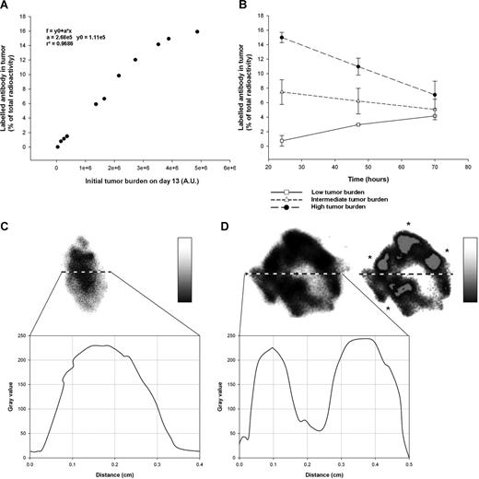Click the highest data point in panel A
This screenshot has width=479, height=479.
197,31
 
